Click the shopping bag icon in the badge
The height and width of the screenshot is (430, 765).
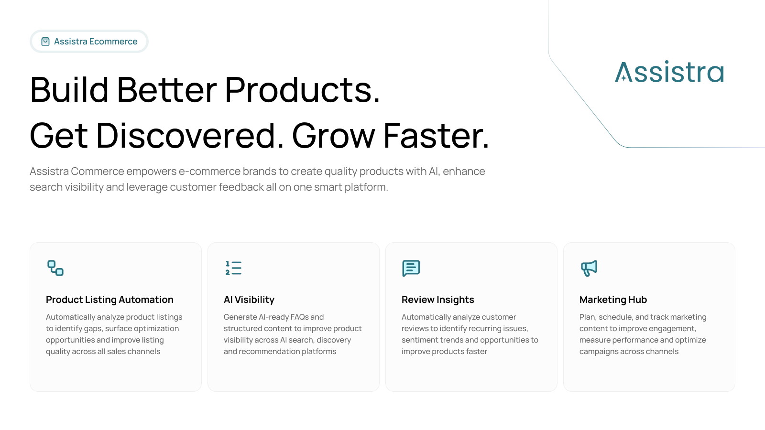[x=45, y=41]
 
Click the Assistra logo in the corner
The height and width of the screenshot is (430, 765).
[x=669, y=72]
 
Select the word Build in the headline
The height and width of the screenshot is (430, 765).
[x=69, y=90]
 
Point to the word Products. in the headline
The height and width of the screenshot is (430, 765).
[x=302, y=90]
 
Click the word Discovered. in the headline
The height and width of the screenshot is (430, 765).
[x=190, y=136]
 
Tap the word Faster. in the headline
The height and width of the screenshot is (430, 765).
[x=436, y=136]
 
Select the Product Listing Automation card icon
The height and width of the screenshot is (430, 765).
[x=55, y=268]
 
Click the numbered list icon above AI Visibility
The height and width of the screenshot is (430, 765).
[x=233, y=268]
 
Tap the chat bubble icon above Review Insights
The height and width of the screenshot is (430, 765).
[x=411, y=268]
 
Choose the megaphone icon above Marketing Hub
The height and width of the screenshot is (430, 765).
[x=589, y=268]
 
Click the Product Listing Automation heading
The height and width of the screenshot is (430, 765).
[x=109, y=300]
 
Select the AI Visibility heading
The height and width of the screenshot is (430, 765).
[x=249, y=300]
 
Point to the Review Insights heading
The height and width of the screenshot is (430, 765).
[x=438, y=300]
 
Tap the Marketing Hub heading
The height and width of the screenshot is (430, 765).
[x=613, y=300]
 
